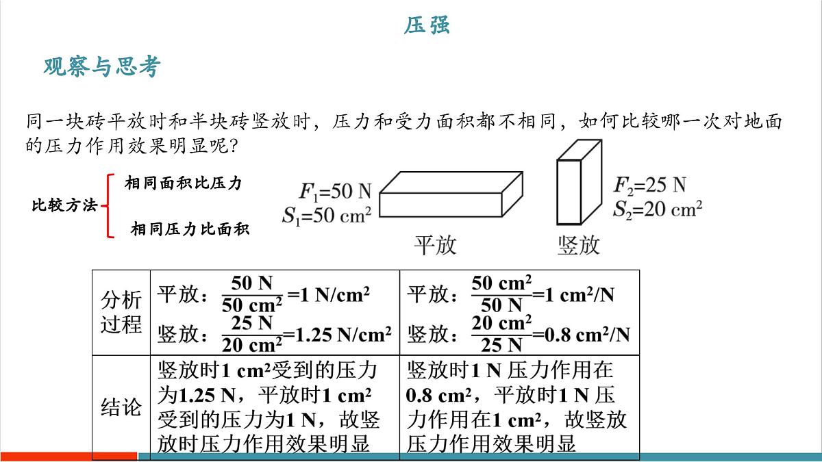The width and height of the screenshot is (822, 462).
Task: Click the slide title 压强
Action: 427,25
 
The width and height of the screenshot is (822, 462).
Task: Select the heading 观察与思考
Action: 102,67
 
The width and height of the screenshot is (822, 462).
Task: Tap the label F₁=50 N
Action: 335,191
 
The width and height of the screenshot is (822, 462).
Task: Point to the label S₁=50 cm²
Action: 327,215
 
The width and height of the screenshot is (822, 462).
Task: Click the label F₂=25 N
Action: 649,185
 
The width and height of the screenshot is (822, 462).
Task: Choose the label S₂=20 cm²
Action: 658,209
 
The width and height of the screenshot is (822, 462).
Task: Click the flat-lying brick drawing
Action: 451,194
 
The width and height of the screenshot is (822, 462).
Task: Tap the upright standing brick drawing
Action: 579,182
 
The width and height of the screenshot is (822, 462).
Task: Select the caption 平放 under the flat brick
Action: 435,245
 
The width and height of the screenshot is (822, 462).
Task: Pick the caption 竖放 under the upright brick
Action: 579,245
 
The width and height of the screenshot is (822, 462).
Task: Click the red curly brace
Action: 108,206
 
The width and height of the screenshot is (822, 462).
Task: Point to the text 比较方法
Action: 64,205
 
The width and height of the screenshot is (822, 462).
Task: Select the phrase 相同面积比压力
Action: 183,183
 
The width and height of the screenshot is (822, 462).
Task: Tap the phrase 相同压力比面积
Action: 190,229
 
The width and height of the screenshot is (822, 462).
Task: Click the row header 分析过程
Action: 121,312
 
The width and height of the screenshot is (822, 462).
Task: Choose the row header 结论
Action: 121,407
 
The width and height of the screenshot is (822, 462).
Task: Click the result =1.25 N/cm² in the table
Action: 337,335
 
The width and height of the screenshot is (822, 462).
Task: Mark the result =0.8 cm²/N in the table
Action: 582,335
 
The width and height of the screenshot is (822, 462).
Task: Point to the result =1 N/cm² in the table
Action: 328,295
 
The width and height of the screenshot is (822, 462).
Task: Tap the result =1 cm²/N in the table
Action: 573,295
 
